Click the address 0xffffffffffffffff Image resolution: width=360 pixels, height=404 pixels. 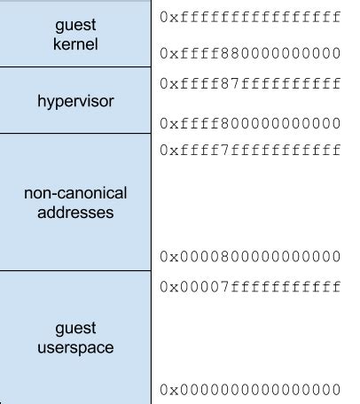tap(250, 17)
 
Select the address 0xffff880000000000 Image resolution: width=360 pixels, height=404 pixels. tap(250, 53)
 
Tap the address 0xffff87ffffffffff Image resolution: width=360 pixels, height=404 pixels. tap(250, 84)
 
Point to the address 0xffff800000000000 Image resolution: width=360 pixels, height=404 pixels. tap(250, 122)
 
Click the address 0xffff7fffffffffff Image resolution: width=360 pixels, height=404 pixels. tap(250, 150)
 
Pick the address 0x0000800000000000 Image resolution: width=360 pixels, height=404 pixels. tap(250, 257)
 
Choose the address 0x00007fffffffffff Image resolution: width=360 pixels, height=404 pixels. tap(250, 287)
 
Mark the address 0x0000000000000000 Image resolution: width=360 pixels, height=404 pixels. tap(250, 390)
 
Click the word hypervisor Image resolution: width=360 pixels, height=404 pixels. tap(75, 101)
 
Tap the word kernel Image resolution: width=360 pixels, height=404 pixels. tap(75, 42)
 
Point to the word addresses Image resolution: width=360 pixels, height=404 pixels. tap(75, 214)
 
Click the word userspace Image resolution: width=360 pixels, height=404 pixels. tap(75, 348)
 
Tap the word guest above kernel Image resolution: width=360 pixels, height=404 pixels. tap(75, 24)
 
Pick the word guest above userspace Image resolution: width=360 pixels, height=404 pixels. tap(75, 329)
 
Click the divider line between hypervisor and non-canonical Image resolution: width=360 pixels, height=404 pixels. tap(75, 134)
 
